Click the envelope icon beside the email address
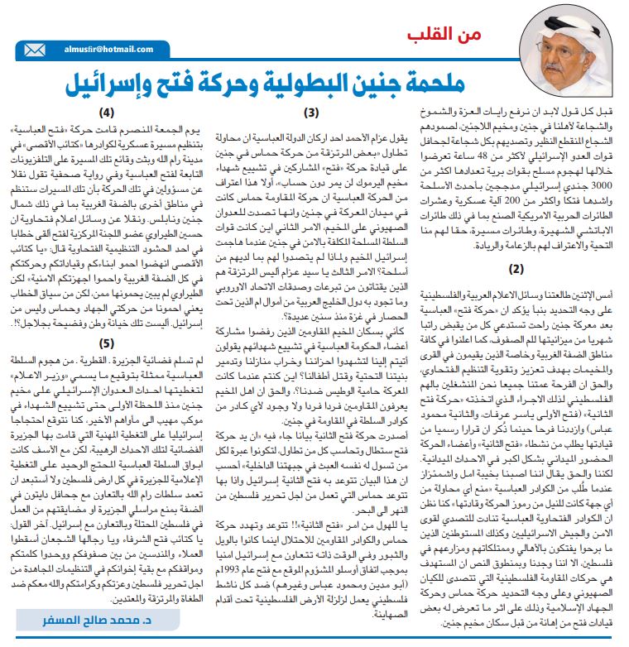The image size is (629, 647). click(35, 50)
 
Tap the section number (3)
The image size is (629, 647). click(312, 113)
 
